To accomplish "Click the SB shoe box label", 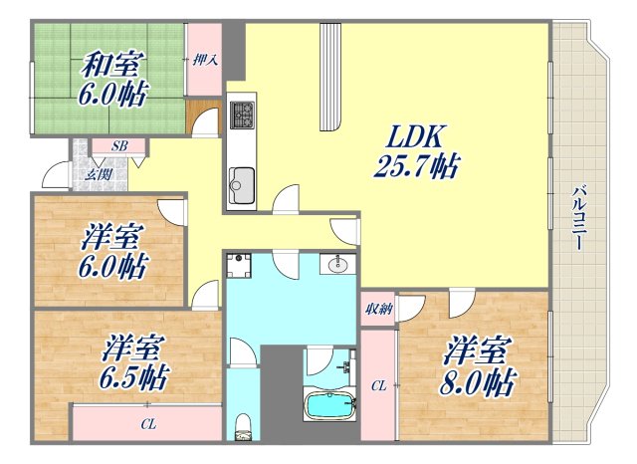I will coord(118,146).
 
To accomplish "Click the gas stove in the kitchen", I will coord(242,115).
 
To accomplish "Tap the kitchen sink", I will coord(241,185).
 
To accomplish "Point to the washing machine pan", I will coord(240,267).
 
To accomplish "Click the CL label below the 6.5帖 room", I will coord(148,425).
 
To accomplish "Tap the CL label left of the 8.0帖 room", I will coord(378,385).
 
